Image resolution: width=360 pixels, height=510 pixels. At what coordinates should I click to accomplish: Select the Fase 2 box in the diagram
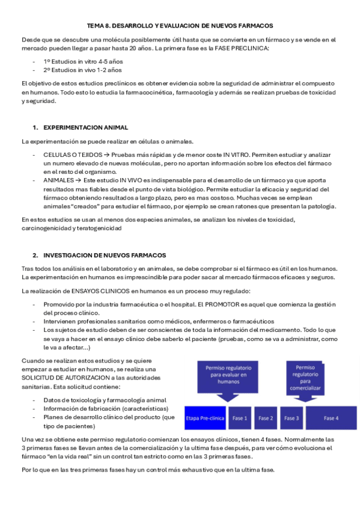point(266,418)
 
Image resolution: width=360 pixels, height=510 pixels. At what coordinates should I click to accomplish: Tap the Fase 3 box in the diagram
point(291,418)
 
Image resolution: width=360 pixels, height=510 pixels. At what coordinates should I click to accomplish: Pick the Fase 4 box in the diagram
point(331,418)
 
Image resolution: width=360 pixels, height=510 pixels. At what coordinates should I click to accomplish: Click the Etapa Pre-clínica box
point(206,418)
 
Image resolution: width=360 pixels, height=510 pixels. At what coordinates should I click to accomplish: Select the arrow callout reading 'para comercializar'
point(305,377)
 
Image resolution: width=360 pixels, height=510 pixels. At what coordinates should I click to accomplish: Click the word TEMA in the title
point(95,26)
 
